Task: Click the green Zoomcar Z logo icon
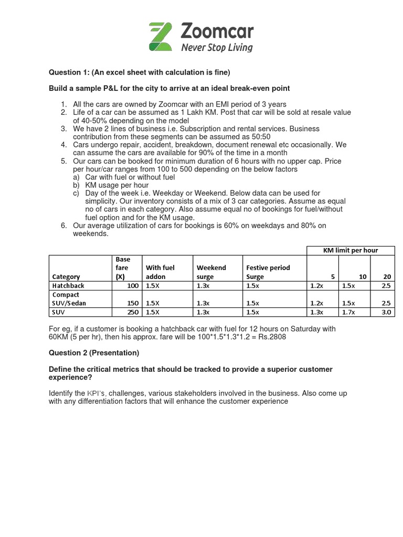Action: [x=161, y=37]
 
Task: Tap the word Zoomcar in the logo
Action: [x=217, y=32]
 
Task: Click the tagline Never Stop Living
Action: [x=217, y=48]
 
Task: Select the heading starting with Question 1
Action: [x=140, y=72]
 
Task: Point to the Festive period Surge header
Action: [x=269, y=272]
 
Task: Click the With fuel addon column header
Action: [x=160, y=272]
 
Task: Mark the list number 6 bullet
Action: [x=63, y=225]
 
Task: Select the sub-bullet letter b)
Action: [x=77, y=185]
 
